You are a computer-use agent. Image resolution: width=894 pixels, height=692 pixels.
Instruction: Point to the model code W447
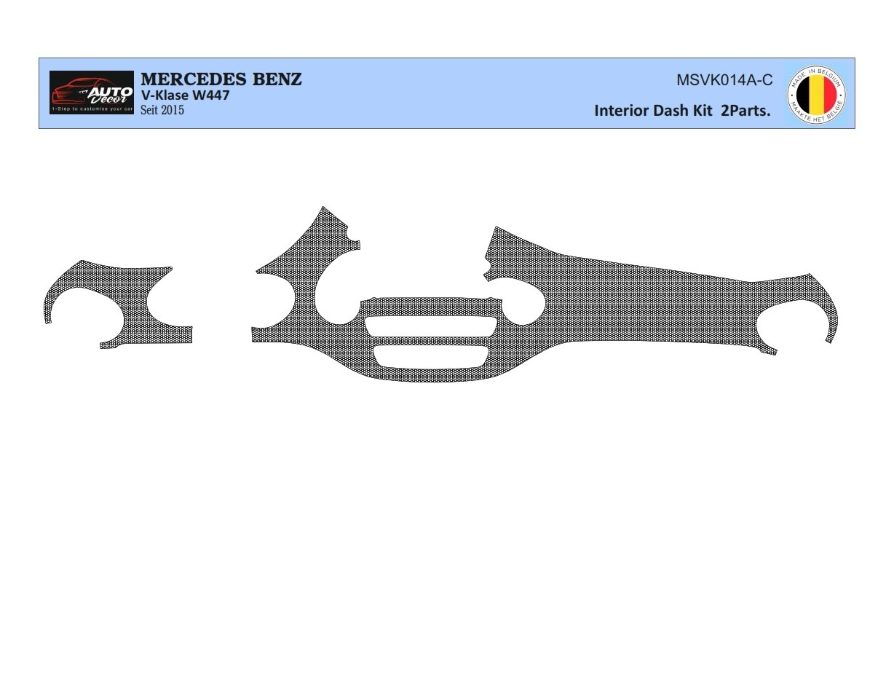(x=211, y=95)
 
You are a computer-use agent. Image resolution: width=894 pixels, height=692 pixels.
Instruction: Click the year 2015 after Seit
(x=173, y=110)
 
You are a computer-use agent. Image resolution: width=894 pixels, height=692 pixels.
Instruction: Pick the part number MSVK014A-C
(x=724, y=81)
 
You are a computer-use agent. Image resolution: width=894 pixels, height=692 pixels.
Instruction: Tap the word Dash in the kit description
(x=673, y=111)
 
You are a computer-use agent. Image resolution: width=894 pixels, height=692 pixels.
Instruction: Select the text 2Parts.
(x=745, y=111)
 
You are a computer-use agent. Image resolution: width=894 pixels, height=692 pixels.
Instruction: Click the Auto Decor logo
(x=92, y=93)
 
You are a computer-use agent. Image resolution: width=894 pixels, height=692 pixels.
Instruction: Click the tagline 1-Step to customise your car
(x=92, y=109)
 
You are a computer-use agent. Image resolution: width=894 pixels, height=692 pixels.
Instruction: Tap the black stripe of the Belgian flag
(x=804, y=95)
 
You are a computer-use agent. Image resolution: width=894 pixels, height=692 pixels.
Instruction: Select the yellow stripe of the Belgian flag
(x=817, y=95)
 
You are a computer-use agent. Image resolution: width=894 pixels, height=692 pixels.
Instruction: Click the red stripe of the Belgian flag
(x=829, y=95)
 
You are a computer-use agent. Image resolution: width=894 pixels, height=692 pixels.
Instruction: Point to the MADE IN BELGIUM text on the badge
(x=817, y=74)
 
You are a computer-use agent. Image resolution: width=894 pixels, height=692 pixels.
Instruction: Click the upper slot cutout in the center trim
(x=431, y=326)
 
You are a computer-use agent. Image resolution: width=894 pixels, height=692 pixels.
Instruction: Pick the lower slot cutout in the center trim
(x=431, y=355)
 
